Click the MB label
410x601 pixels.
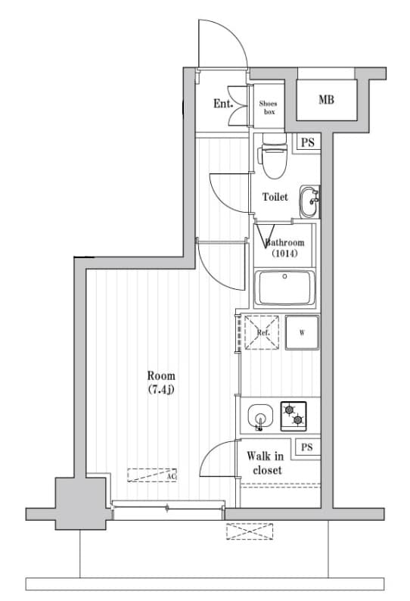(x=326, y=100)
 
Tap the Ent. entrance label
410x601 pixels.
(x=222, y=104)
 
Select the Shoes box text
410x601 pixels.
(x=269, y=107)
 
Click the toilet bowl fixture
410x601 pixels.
(x=272, y=157)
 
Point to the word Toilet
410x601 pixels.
(x=275, y=197)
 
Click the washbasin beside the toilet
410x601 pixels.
(x=309, y=201)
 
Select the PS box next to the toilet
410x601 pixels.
(x=306, y=142)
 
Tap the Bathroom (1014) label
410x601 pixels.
(x=284, y=248)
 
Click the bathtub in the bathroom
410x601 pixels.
(x=285, y=288)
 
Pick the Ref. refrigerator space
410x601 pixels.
(x=262, y=333)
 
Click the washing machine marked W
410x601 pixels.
(x=302, y=333)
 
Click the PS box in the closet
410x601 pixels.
(x=306, y=447)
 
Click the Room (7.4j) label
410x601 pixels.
(x=161, y=382)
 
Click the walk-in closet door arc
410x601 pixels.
(x=219, y=462)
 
